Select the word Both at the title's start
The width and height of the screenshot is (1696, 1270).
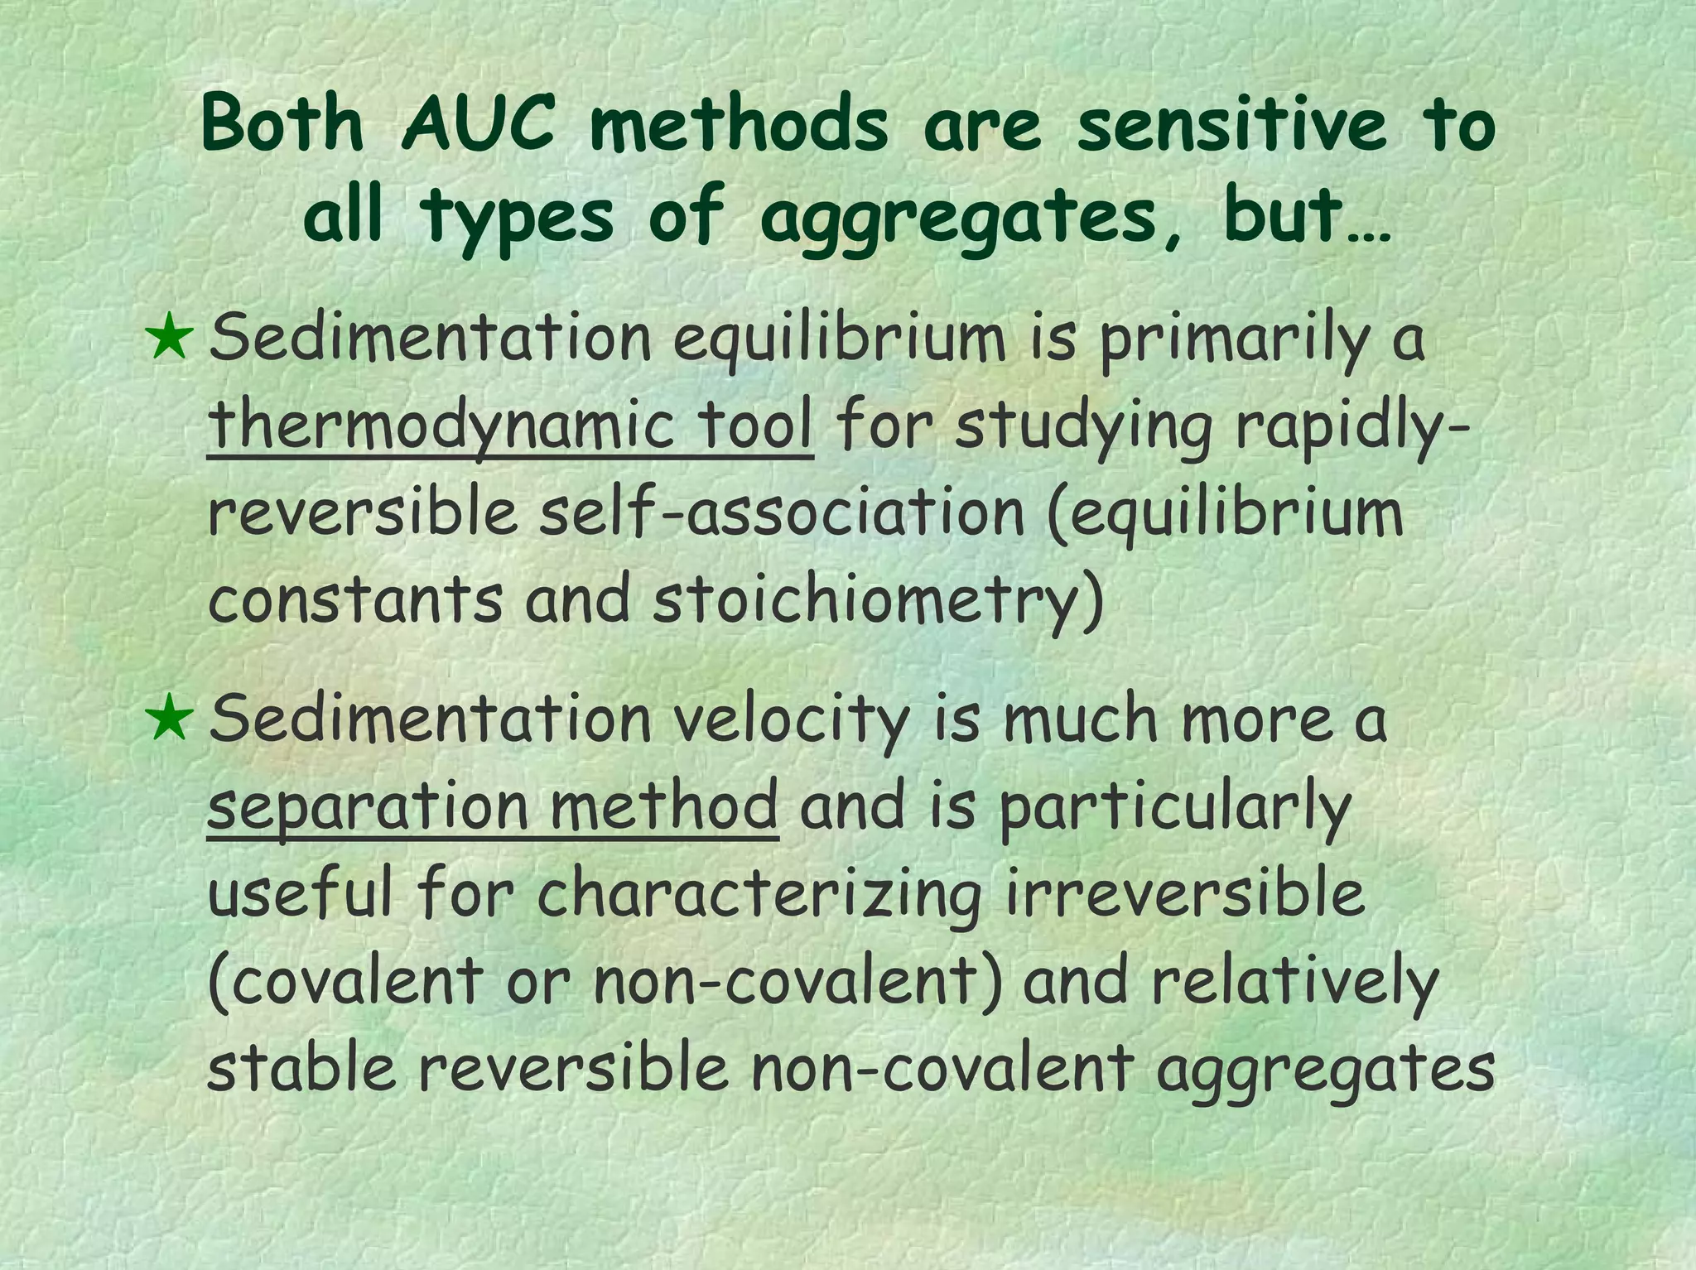(282, 126)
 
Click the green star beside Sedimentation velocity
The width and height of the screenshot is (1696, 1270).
(169, 718)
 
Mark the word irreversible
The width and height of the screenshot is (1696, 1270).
(1185, 894)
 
